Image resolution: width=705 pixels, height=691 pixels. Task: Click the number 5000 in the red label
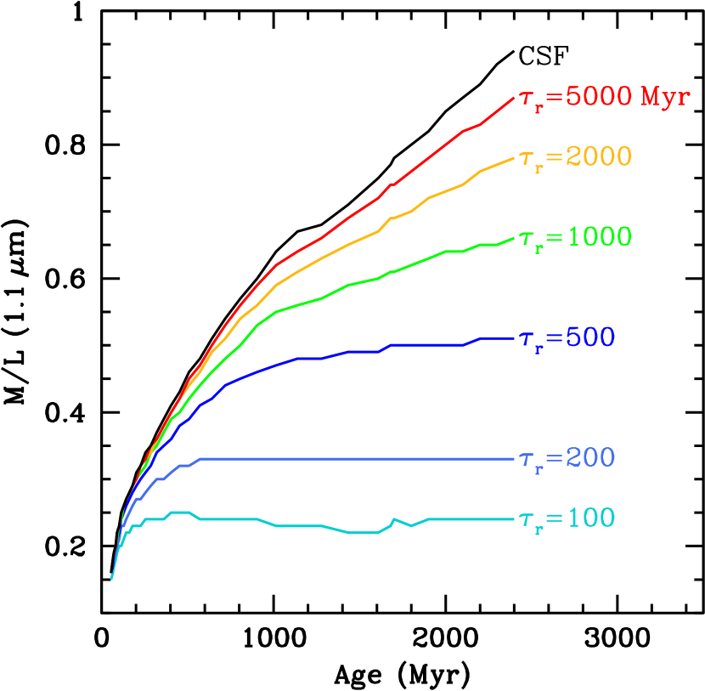click(x=599, y=97)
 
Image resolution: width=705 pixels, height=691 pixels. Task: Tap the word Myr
click(x=665, y=97)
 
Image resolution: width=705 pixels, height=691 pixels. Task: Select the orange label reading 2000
click(x=599, y=157)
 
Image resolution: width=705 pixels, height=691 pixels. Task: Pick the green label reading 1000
click(x=599, y=237)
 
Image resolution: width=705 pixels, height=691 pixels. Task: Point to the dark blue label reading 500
click(x=590, y=338)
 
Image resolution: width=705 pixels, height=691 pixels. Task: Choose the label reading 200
click(x=590, y=458)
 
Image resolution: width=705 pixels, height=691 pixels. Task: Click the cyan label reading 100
click(x=590, y=518)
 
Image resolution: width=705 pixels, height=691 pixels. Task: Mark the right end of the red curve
click(x=514, y=98)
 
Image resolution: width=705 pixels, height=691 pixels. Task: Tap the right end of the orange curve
click(x=514, y=157)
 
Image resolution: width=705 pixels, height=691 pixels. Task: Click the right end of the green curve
click(x=514, y=238)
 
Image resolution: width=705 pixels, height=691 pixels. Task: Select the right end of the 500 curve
click(x=514, y=338)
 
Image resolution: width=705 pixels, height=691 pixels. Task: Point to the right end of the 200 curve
click(x=514, y=459)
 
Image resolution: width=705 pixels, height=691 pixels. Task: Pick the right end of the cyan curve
click(x=514, y=518)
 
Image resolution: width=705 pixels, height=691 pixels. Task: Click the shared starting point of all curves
click(x=111, y=578)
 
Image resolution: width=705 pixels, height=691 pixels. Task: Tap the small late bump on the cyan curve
click(x=394, y=518)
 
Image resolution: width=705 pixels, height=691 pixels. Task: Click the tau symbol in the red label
click(x=527, y=99)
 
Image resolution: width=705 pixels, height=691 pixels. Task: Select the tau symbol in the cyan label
click(x=527, y=519)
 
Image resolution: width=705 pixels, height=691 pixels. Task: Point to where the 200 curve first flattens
click(x=200, y=459)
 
